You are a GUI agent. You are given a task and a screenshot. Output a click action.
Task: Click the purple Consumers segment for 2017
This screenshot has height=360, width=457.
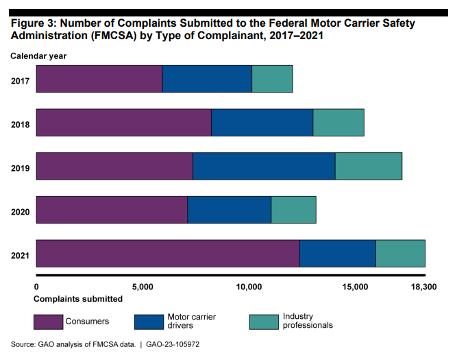99,79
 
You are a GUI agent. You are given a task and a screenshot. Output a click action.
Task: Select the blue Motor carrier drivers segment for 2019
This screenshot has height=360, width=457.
264,166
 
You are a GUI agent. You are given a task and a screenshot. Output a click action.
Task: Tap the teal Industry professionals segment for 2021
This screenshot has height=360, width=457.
400,254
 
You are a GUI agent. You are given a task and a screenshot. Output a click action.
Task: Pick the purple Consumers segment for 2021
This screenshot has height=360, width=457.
167,254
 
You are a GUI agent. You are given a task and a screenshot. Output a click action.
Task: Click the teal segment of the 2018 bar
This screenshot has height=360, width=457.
338,122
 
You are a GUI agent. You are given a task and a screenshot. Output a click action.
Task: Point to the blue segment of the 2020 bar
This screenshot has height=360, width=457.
230,210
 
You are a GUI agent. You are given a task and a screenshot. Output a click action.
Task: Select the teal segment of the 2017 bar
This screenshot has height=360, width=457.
272,79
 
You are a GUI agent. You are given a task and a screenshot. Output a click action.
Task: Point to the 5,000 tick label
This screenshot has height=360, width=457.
142,286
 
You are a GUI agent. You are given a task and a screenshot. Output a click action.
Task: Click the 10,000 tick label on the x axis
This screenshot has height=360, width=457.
249,286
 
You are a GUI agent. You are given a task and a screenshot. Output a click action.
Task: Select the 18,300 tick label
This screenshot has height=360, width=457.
423,286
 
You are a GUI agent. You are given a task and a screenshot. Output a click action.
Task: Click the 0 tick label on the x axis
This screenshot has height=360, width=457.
36,286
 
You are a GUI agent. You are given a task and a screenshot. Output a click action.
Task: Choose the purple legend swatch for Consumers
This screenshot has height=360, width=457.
48,321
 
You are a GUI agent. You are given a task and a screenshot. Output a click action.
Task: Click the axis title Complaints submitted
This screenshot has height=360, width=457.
78,298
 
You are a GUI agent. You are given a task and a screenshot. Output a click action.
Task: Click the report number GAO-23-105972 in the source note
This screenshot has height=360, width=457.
170,344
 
